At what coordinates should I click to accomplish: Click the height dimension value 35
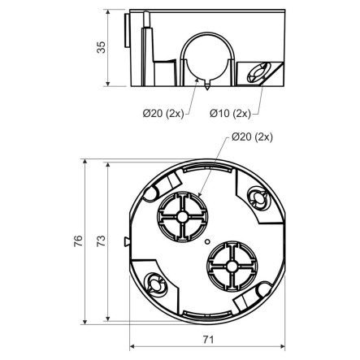click(x=101, y=49)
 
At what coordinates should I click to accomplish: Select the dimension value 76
click(x=78, y=241)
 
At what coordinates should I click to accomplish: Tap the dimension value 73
click(x=101, y=241)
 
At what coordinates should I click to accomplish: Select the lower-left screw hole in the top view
click(x=152, y=282)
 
